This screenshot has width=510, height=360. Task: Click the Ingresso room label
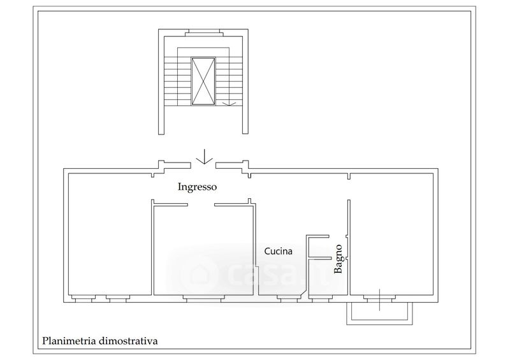197,187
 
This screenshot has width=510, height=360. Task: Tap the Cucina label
278,251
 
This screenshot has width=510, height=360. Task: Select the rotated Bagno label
339,259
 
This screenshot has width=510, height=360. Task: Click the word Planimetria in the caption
69,341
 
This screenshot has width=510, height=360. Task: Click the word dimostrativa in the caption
128,341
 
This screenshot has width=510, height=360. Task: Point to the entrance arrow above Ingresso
204,156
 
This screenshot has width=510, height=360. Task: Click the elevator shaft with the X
203,82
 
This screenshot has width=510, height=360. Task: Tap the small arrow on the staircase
229,103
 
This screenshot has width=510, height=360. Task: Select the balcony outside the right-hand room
379,313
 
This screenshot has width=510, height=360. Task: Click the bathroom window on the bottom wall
321,299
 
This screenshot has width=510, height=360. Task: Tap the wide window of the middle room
203,299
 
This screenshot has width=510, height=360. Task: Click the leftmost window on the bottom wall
84,299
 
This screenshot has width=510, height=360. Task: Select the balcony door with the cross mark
379,299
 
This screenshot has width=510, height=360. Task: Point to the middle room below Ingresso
203,250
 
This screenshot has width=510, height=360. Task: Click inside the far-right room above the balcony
391,234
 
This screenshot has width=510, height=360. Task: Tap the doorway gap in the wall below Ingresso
201,205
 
